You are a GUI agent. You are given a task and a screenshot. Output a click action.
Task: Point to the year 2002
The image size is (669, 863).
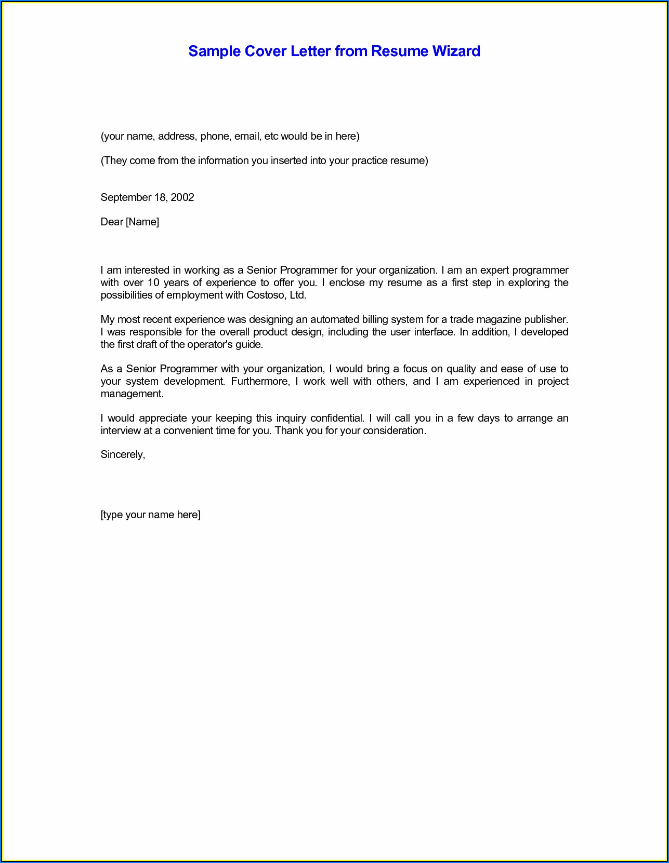(x=182, y=197)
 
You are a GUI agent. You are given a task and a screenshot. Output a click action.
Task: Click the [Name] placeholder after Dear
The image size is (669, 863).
(x=142, y=222)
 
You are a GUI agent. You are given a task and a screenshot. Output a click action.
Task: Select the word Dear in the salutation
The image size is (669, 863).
(x=112, y=222)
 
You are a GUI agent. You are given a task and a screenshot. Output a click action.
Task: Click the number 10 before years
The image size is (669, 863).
(x=153, y=283)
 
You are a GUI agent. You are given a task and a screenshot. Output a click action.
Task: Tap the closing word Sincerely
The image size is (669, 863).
(x=123, y=455)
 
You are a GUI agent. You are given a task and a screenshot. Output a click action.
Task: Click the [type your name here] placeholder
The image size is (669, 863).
(x=150, y=515)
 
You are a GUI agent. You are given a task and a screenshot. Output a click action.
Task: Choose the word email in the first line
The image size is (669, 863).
(x=247, y=137)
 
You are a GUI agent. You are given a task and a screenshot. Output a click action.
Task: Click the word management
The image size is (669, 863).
(x=132, y=394)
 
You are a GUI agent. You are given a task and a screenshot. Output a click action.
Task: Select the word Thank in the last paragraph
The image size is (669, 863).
(x=289, y=431)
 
